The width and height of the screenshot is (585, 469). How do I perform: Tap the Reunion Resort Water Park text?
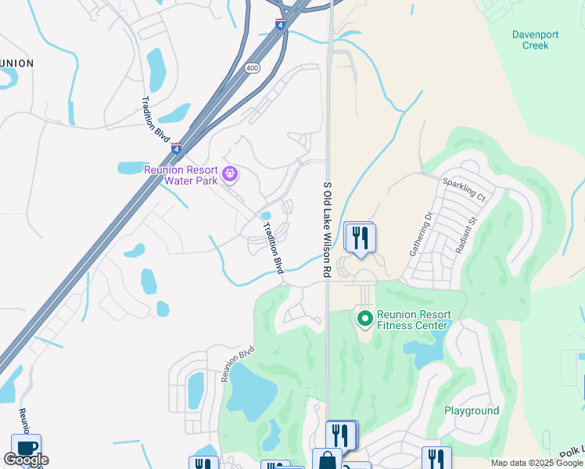(x=185, y=175)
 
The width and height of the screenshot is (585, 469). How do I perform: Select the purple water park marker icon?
(x=230, y=174)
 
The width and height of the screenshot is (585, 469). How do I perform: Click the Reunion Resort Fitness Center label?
(x=413, y=320)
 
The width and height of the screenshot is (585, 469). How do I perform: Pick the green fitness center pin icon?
(x=364, y=318)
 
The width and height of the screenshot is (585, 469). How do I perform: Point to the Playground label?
(x=472, y=410)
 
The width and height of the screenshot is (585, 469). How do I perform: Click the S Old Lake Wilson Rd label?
(x=328, y=230)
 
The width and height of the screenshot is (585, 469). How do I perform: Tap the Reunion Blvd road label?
(x=239, y=363)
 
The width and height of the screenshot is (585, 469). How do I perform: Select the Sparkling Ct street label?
(x=464, y=189)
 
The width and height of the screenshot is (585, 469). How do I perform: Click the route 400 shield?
(x=252, y=68)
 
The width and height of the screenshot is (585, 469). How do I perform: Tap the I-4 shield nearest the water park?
(x=176, y=148)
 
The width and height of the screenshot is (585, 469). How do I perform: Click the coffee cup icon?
(x=26, y=448)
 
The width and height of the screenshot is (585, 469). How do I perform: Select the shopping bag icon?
(x=327, y=461)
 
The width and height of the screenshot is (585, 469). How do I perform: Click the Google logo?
(x=26, y=460)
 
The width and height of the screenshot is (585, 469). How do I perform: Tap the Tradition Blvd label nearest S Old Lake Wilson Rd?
(x=273, y=248)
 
